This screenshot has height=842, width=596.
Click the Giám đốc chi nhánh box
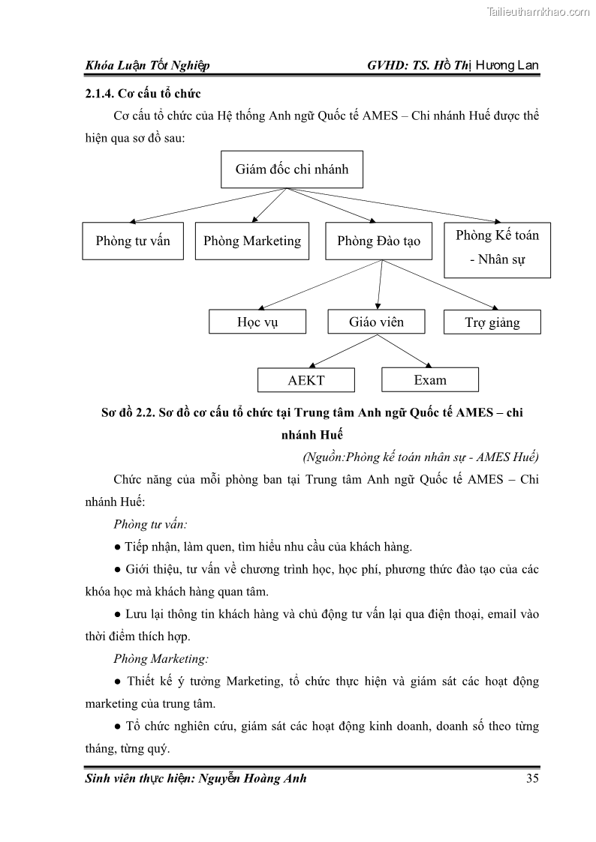291,169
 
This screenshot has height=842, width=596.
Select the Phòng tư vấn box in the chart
133,241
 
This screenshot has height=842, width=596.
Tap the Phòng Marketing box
251,241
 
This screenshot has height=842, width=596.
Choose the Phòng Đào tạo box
378,241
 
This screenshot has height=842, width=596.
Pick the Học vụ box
257,322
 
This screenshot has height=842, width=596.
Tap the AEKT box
306,380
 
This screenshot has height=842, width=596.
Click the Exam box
429,379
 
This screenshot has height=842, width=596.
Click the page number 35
532,778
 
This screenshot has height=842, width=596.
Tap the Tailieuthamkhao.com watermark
538,11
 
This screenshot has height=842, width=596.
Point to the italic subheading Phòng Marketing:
161,659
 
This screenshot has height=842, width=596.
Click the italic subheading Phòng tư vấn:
150,524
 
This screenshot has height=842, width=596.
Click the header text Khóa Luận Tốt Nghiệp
147,65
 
